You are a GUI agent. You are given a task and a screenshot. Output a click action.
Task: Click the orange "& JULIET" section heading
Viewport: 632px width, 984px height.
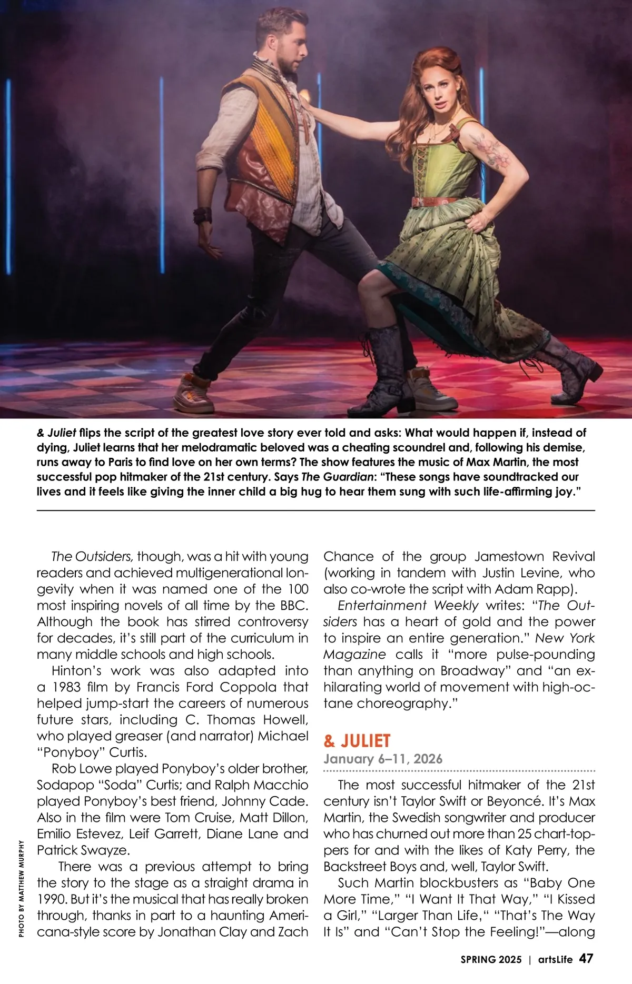click(x=357, y=741)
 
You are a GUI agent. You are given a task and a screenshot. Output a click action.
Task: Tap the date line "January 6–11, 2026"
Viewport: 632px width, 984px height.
click(x=383, y=759)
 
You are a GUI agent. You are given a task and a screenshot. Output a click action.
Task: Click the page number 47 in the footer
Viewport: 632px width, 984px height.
click(x=586, y=958)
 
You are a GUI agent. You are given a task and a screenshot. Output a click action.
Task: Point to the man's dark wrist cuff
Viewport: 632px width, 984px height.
click(x=202, y=215)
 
